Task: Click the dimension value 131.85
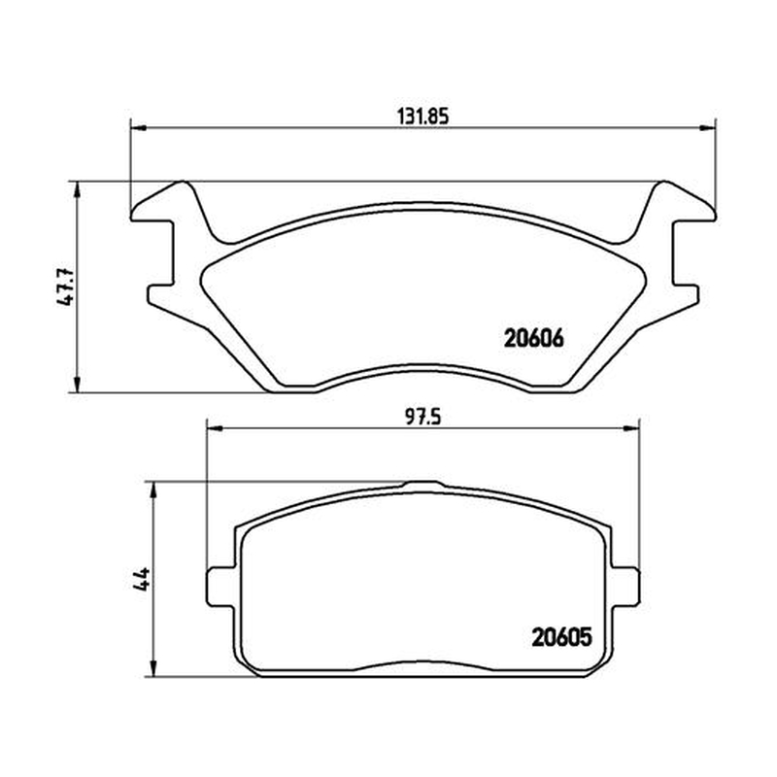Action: click(x=422, y=117)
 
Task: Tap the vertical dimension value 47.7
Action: click(x=66, y=287)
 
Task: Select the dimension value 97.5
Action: click(x=422, y=418)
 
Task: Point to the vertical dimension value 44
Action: click(x=141, y=579)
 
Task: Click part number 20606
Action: click(x=533, y=339)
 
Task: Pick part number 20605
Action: click(x=561, y=637)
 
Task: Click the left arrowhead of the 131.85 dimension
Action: click(x=138, y=128)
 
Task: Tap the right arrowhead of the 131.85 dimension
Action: click(x=708, y=128)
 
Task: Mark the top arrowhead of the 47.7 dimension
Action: click(x=77, y=188)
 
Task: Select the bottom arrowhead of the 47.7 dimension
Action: click(x=77, y=385)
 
